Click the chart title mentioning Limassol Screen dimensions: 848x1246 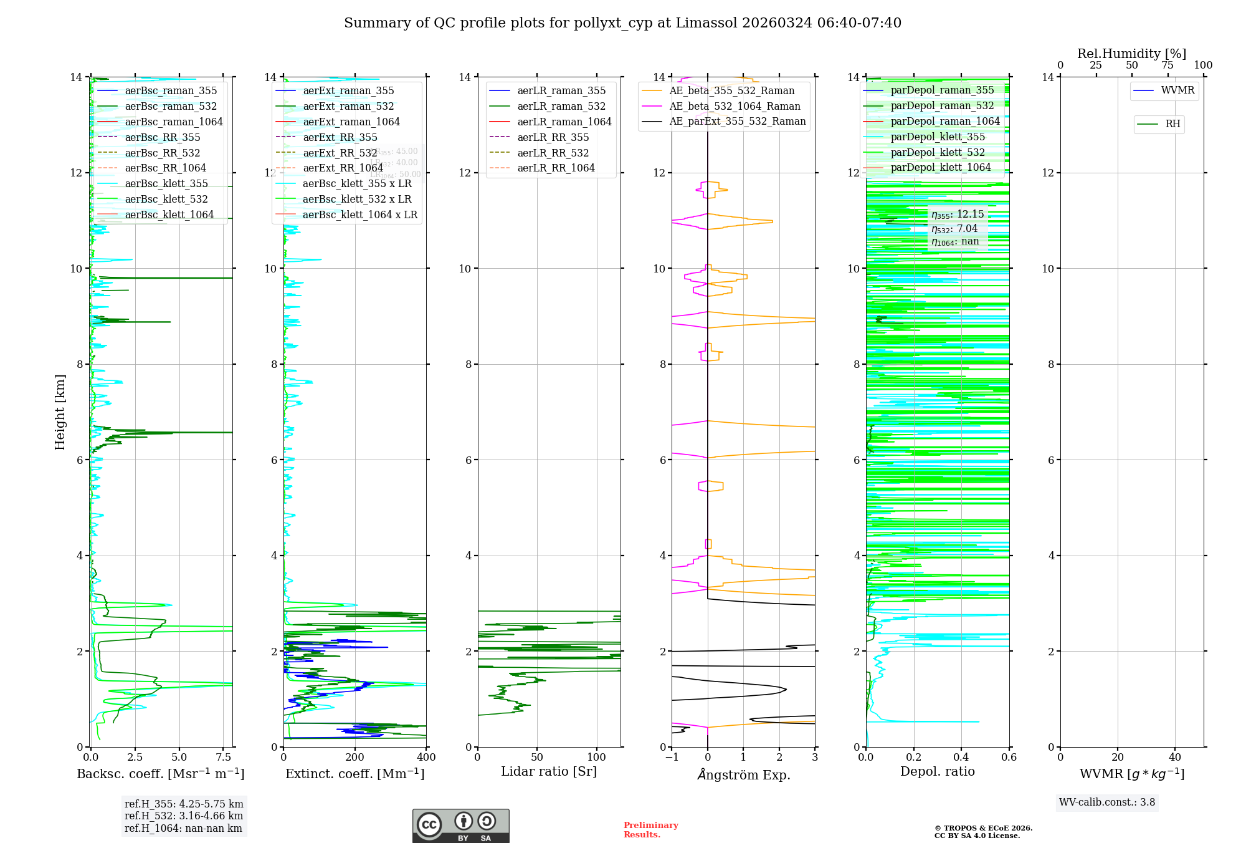pyautogui.click(x=622, y=23)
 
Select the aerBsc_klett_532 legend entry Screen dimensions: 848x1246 pyautogui.click(x=166, y=200)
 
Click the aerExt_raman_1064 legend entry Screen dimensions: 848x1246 pyautogui.click(x=351, y=122)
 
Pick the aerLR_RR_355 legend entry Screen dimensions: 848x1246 pyautogui.click(x=553, y=138)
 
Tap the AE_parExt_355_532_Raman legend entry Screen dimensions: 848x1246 pyautogui.click(x=738, y=122)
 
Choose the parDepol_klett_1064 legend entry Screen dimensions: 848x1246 pyautogui.click(x=941, y=168)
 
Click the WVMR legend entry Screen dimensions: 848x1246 pyautogui.click(x=1177, y=91)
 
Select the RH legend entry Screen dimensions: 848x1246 pyautogui.click(x=1172, y=124)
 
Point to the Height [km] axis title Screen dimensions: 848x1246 pyautogui.click(x=60, y=412)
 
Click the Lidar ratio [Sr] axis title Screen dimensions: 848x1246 pyautogui.click(x=549, y=772)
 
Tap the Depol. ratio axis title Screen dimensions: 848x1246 pyautogui.click(x=938, y=772)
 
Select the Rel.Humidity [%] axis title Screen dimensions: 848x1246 pyautogui.click(x=1132, y=54)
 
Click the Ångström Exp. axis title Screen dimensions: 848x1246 pyautogui.click(x=744, y=774)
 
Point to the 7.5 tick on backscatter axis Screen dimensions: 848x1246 pyautogui.click(x=224, y=758)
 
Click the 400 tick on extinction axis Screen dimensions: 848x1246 pyautogui.click(x=427, y=758)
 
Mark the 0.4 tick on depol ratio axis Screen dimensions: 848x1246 pyautogui.click(x=961, y=758)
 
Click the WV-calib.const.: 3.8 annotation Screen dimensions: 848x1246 pyautogui.click(x=1107, y=802)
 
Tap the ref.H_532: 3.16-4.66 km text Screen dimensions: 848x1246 pyautogui.click(x=184, y=816)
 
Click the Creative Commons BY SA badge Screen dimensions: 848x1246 pyautogui.click(x=461, y=826)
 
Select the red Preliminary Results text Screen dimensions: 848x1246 pyautogui.click(x=650, y=830)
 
